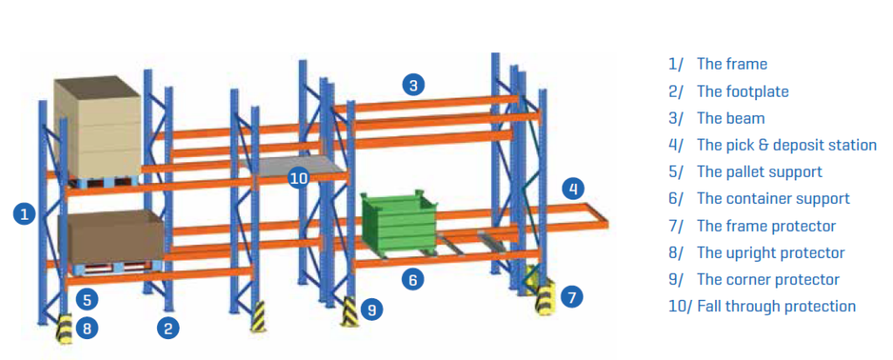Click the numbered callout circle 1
point(24,214)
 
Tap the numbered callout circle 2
point(168,328)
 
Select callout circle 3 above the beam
point(413,85)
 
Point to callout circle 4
point(573,188)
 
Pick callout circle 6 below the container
point(412,279)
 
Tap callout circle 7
point(572,296)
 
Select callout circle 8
point(87,328)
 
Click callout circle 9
point(372,309)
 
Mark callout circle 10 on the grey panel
point(298,179)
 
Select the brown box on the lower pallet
point(112,238)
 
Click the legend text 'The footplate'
point(743,92)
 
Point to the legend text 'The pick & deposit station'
point(787,146)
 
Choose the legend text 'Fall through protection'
point(777,307)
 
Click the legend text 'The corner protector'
point(768,280)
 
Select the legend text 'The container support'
point(774,199)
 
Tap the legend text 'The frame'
point(732,64)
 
